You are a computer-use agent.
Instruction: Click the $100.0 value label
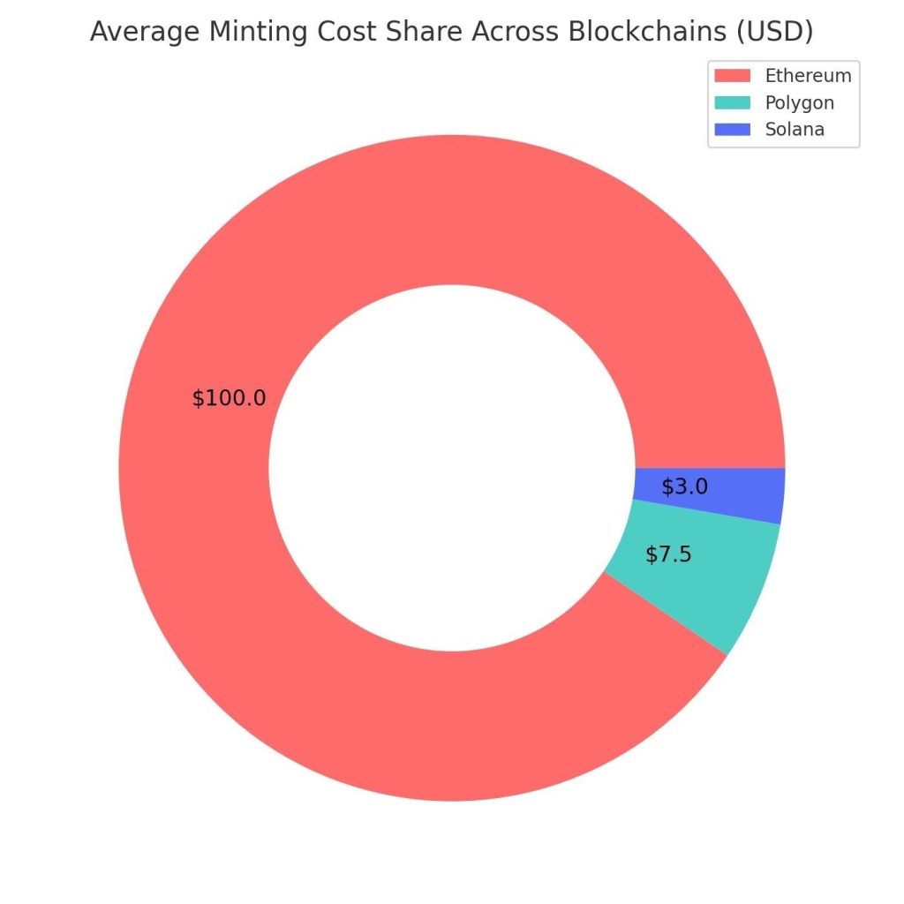click(x=229, y=398)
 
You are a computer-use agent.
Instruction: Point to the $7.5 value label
click(x=668, y=554)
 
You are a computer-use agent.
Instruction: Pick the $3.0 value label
click(x=685, y=486)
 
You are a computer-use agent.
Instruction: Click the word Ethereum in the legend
click(x=808, y=76)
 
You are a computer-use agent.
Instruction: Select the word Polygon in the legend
click(x=799, y=102)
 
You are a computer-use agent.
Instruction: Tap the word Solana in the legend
click(x=795, y=129)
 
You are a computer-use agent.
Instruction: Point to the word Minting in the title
click(x=249, y=33)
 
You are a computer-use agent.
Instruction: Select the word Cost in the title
click(x=336, y=33)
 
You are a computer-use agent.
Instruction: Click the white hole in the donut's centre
click(x=451, y=468)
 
